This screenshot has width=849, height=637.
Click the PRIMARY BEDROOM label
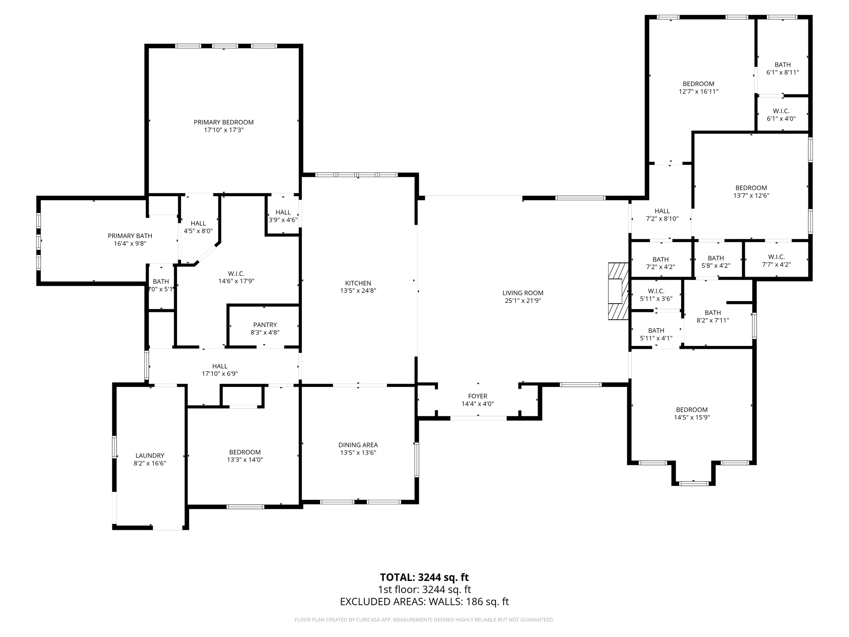tap(223, 122)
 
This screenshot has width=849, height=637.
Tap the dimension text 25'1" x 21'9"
tap(523, 301)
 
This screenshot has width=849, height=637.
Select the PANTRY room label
tap(265, 325)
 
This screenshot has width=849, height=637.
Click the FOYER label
tap(478, 396)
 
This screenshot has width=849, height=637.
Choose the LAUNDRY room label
tap(150, 455)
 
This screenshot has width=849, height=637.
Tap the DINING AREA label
tap(358, 445)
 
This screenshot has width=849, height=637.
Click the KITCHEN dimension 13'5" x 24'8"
tap(358, 291)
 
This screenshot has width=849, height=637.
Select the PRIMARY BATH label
tap(130, 236)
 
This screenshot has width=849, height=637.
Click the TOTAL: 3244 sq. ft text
tap(424, 577)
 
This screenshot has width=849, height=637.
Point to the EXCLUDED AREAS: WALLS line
tap(424, 601)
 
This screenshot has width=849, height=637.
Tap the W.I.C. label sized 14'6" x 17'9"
tap(236, 274)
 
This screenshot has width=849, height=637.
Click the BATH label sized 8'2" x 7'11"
tap(713, 313)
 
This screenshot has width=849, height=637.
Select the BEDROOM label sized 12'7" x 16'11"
tap(699, 84)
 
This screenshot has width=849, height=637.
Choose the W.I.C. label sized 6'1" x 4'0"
tap(781, 111)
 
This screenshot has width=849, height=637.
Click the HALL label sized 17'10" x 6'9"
tap(219, 366)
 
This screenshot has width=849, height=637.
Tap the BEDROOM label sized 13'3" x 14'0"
tap(245, 452)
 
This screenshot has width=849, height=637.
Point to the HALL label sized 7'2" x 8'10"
tap(662, 211)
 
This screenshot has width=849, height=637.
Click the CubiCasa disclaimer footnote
tap(424, 620)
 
